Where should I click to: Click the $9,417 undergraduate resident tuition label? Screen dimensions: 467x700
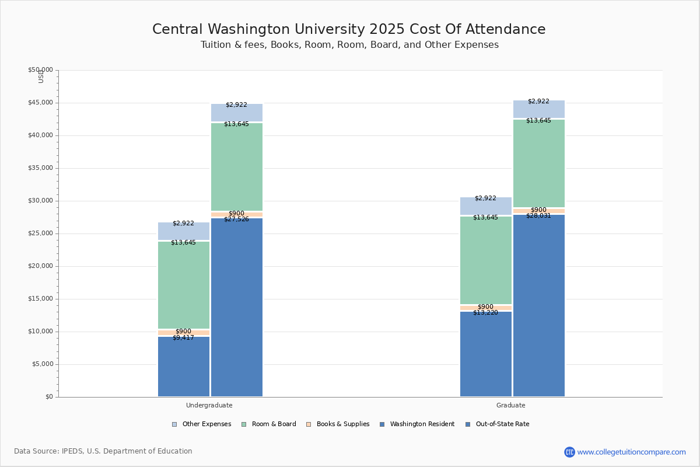(183, 337)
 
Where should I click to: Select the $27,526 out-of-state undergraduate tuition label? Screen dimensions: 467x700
(236, 219)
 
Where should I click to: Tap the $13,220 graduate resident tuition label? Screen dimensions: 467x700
(485, 312)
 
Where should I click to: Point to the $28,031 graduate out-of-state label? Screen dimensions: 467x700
(538, 215)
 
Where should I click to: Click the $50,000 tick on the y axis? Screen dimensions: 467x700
(40, 70)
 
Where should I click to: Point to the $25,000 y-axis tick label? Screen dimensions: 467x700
(40, 233)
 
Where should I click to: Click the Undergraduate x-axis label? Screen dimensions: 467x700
(209, 405)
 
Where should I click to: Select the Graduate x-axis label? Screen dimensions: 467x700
(511, 405)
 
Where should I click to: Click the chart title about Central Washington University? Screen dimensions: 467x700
(349, 29)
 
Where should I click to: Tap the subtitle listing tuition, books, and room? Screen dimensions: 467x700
(349, 45)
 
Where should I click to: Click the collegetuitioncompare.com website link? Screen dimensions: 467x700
(631, 452)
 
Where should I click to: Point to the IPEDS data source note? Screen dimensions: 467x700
(103, 451)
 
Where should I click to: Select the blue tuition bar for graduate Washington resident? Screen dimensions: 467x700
(485, 356)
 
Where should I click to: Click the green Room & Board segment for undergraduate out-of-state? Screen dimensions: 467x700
(237, 169)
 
